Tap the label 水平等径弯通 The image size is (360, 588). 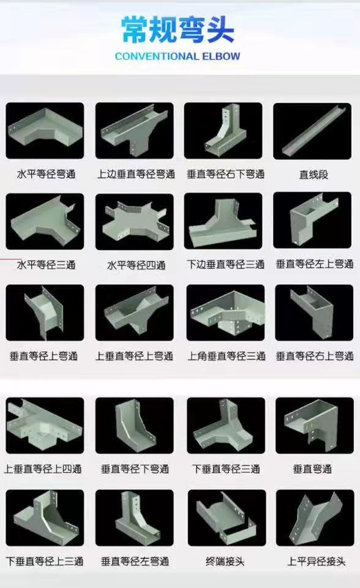pos(46,174)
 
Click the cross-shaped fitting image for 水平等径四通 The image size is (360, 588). pos(134,222)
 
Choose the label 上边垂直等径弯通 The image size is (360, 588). pos(135,174)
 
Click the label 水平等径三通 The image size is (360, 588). pos(46,265)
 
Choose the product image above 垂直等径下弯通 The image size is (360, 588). pos(134,426)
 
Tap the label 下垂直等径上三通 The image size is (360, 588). pos(45,560)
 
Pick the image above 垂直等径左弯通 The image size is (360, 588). pos(134,518)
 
